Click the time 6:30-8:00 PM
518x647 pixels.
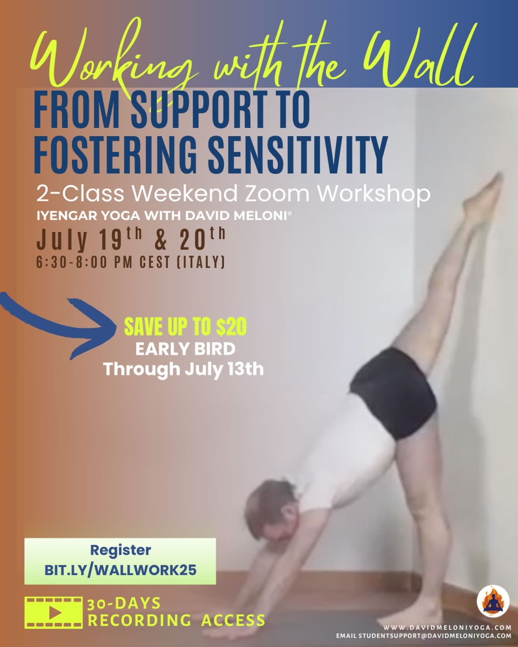[x=84, y=263]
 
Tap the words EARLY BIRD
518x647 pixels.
[x=185, y=349]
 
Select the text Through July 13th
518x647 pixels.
[x=183, y=369]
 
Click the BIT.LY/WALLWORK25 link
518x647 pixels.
[x=120, y=570]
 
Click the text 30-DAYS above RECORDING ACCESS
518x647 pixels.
[x=124, y=604]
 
